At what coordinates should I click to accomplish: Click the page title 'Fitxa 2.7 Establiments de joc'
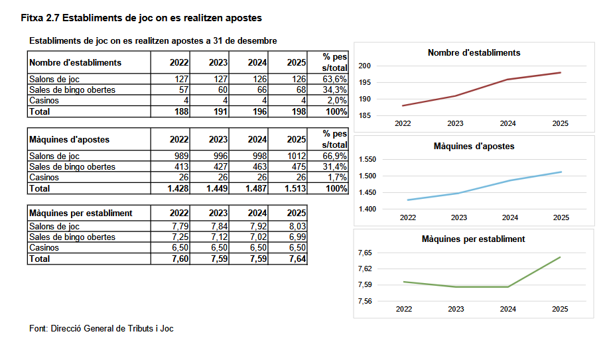(x=141, y=17)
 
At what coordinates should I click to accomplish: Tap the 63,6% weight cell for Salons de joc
(x=335, y=80)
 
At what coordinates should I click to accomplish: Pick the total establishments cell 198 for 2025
(x=297, y=112)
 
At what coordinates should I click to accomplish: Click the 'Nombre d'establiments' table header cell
(x=76, y=63)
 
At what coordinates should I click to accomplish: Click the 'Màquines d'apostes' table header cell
(x=70, y=140)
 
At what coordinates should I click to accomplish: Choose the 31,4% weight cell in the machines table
(x=335, y=167)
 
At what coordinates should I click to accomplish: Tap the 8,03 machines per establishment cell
(x=296, y=227)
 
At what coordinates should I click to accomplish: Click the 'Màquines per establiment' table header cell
(x=81, y=213)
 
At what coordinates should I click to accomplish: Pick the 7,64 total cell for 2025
(x=296, y=259)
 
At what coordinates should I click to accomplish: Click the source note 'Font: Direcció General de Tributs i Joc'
(x=101, y=328)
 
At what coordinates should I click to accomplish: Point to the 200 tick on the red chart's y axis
(x=364, y=66)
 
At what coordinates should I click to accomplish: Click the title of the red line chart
(x=474, y=52)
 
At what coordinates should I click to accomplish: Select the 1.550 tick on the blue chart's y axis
(x=367, y=160)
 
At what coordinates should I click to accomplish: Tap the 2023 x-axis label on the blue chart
(x=458, y=217)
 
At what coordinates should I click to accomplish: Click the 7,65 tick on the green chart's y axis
(x=365, y=253)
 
